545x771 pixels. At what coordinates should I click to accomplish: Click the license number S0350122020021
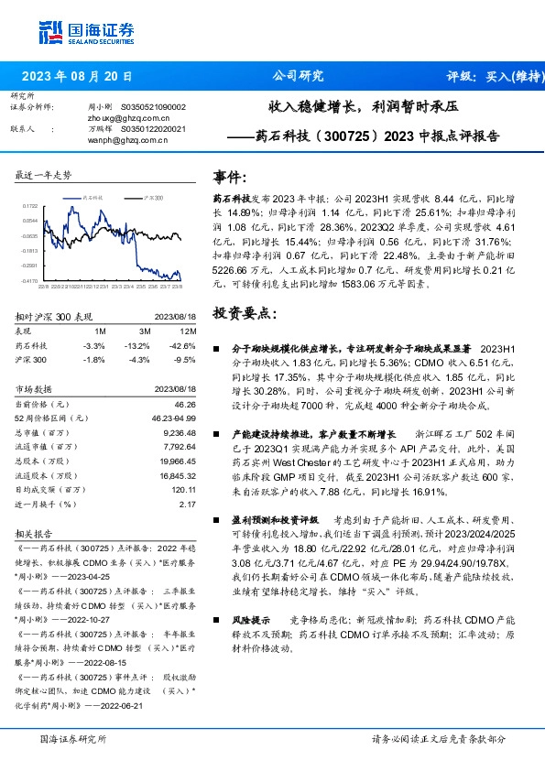153,129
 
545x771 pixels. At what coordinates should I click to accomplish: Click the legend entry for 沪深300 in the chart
154,198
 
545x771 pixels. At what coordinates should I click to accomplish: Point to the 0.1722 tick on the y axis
30,207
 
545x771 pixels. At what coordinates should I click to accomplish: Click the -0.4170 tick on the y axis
29,281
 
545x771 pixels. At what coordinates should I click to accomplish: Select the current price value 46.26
185,403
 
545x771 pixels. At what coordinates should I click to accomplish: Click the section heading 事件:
229,178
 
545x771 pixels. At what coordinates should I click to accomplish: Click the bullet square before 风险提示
216,620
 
